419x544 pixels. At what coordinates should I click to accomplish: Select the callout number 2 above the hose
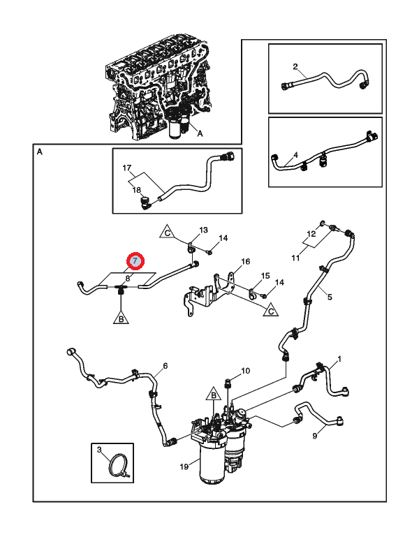295,67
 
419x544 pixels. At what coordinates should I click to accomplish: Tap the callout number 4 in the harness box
295,154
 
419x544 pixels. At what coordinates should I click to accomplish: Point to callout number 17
127,168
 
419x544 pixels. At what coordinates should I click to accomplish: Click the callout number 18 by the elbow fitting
137,190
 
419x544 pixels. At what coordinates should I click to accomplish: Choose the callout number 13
204,230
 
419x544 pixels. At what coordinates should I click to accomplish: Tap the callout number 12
312,234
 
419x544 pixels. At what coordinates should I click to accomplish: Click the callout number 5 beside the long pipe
330,297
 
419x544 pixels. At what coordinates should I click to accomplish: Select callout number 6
166,365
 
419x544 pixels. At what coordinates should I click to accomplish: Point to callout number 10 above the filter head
245,370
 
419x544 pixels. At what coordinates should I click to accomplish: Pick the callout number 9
314,436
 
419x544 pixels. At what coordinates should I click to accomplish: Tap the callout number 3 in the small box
99,450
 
